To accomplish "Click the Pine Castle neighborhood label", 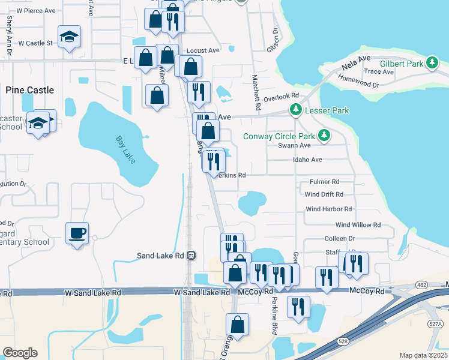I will tap(29, 90).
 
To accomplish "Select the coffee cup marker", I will tap(77, 233).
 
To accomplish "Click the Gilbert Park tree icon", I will tap(432, 63).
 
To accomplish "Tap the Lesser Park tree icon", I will tap(295, 110).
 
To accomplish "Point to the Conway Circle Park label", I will tap(279, 136).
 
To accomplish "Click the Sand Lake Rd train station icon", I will tap(191, 255).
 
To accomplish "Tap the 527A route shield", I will tap(435, 324).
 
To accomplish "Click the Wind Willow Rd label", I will tap(358, 225).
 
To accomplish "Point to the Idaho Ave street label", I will tap(308, 160).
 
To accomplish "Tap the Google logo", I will tap(20, 353).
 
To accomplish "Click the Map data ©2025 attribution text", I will tap(423, 355).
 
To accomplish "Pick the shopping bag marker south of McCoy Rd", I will tap(237, 324).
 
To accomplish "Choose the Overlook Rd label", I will tap(280, 96).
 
